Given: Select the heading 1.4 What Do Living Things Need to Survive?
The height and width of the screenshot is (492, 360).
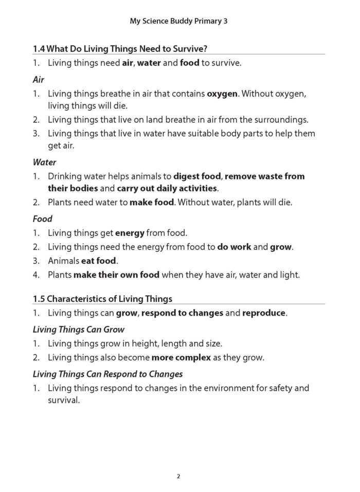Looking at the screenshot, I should pos(123,49).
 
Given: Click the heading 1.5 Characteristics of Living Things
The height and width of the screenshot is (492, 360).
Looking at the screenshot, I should pos(102,298).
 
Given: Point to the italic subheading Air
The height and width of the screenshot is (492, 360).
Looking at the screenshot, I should pos(39,80).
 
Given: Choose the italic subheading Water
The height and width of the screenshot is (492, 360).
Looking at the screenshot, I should pos(44,162).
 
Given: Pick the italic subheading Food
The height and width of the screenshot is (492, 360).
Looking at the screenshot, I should pos(42,218).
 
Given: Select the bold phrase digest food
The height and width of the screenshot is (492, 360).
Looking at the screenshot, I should pos(197,177).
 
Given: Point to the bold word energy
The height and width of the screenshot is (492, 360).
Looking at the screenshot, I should pos(130,233).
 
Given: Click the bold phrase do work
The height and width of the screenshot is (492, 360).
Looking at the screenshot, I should pos(234,247).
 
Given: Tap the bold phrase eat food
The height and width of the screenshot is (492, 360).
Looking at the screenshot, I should pos(99,261).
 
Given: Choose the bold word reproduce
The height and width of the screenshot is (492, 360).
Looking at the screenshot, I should pos(263,313).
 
